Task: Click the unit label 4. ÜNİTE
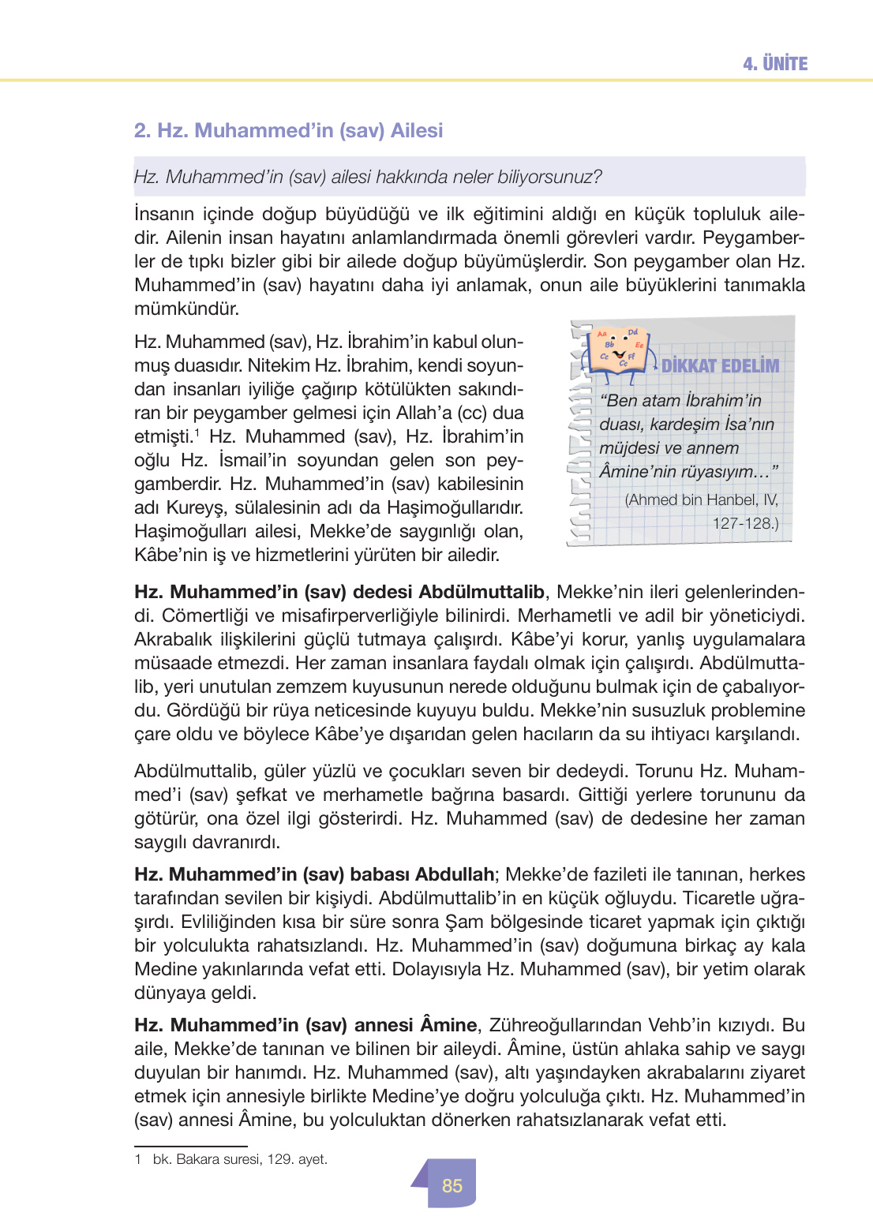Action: (x=774, y=64)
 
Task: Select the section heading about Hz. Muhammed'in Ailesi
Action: (x=288, y=130)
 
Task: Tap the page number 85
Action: (x=451, y=1185)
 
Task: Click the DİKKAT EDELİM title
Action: (x=719, y=365)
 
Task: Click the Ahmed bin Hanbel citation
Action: (x=701, y=511)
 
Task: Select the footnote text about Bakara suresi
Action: (x=240, y=1159)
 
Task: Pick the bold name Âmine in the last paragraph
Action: (x=448, y=1025)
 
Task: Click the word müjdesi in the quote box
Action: (x=629, y=448)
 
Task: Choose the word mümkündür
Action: (x=186, y=309)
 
